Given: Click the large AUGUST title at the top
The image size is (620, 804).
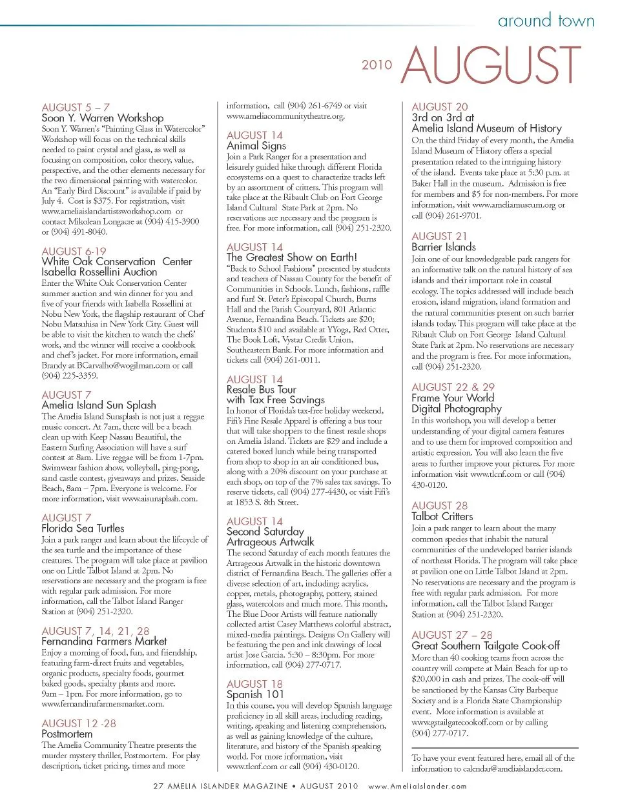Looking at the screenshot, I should (x=491, y=65).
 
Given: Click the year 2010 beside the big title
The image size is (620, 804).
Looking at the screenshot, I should (x=377, y=65).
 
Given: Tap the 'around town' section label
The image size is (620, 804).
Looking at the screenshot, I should (x=545, y=21).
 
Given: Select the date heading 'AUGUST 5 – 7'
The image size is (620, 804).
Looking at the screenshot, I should (x=76, y=107).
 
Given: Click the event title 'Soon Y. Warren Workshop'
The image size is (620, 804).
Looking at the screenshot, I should (x=102, y=118).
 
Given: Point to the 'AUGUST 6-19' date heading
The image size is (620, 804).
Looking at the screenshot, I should (x=74, y=251).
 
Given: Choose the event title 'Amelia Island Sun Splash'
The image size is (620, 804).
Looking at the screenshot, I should (x=99, y=405).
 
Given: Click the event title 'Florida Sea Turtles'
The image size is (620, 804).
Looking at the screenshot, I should (x=83, y=528).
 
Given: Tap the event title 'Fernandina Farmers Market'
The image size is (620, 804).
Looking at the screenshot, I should (x=104, y=641).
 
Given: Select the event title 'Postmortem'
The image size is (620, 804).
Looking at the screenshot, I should (x=67, y=734).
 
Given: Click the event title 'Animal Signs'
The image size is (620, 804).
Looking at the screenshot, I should (x=256, y=146).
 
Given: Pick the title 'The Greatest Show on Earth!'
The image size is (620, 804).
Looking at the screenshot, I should (x=291, y=257).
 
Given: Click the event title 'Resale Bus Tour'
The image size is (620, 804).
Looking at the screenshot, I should (x=261, y=390).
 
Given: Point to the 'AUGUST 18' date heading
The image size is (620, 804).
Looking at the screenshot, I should (x=254, y=683).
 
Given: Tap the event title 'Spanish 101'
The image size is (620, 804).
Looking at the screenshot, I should (x=255, y=694).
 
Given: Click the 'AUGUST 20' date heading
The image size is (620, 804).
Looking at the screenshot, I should (x=440, y=107).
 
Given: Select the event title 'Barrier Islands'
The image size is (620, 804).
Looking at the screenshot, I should (x=444, y=247).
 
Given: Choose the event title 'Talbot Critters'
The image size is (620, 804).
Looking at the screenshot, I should (x=442, y=516).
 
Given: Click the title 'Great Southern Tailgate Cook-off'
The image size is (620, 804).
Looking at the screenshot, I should (x=485, y=646).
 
